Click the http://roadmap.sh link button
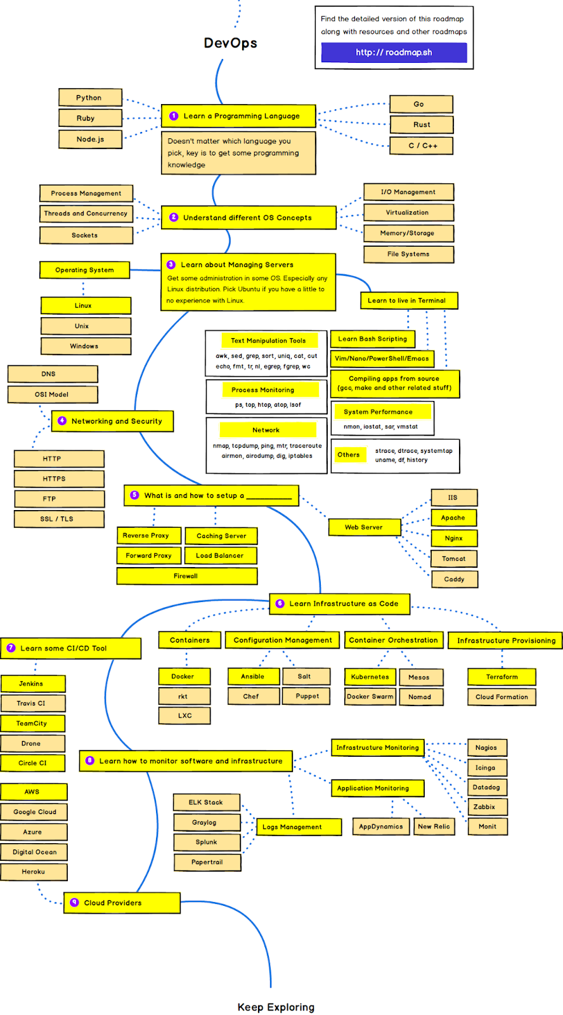tap(394, 53)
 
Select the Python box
tap(90, 98)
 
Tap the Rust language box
tap(422, 125)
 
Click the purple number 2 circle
tap(174, 217)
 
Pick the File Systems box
tap(408, 254)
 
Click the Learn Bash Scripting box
tap(373, 339)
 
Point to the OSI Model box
tap(53, 395)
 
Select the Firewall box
tap(187, 576)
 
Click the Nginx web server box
tap(454, 539)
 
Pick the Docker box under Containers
tap(183, 677)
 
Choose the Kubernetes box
tap(370, 677)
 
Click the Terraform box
tap(502, 677)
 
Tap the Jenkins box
tap(32, 684)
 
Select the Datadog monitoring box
tap(486, 787)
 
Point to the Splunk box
tap(207, 842)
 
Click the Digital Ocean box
tap(34, 852)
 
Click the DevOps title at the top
tap(231, 43)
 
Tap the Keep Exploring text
tap(276, 1007)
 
